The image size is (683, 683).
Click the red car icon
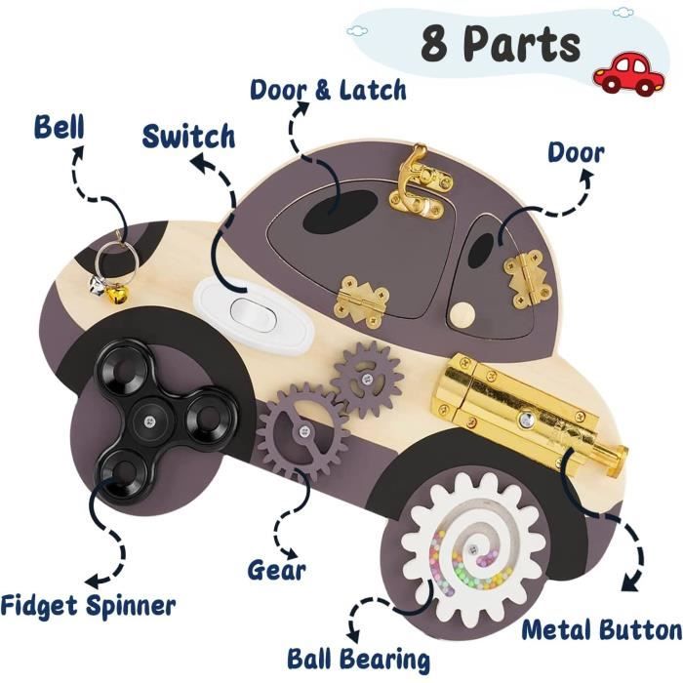point(630,75)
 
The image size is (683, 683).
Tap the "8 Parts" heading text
point(501,44)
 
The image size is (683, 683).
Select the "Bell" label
point(60,127)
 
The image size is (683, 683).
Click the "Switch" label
point(188,136)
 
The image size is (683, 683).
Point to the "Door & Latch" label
point(328,90)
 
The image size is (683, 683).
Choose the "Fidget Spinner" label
point(88,605)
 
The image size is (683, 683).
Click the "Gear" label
point(276,569)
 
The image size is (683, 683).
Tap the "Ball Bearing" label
point(358,659)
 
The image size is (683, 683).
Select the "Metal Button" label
point(602,630)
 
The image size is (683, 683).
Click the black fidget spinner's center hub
point(150,421)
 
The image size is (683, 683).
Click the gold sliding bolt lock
point(528,413)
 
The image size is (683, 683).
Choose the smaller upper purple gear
point(367,379)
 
